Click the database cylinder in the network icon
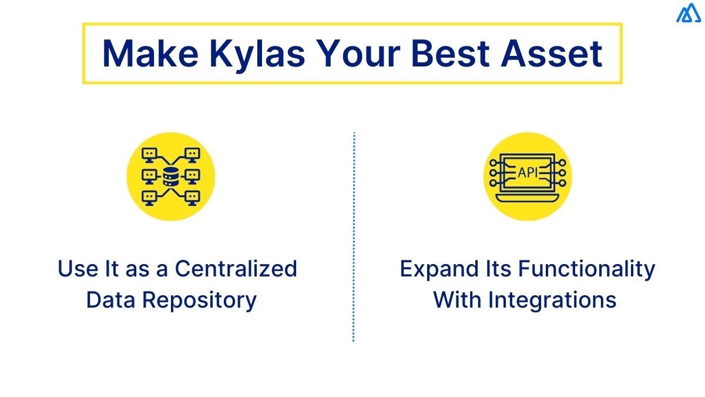171,176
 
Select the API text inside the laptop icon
527,173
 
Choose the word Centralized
236,269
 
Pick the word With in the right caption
457,300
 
